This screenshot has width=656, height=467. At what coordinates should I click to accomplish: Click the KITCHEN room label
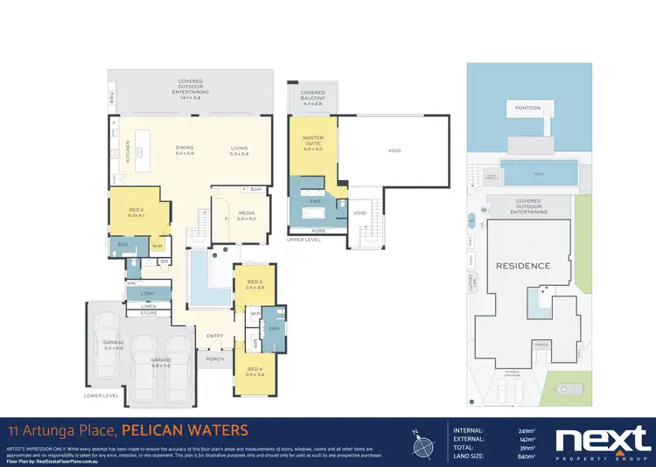(128, 154)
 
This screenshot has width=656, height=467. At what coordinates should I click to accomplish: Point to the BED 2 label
(135, 213)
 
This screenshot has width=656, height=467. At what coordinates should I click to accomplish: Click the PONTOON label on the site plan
(527, 108)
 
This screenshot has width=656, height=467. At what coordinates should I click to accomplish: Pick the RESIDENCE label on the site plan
(524, 266)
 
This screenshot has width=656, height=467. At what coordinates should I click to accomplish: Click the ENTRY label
(215, 335)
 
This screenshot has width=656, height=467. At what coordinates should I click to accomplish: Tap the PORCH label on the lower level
(215, 359)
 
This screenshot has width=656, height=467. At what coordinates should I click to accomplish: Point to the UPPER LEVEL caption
(303, 238)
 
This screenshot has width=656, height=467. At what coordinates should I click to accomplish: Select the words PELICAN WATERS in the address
(185, 430)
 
